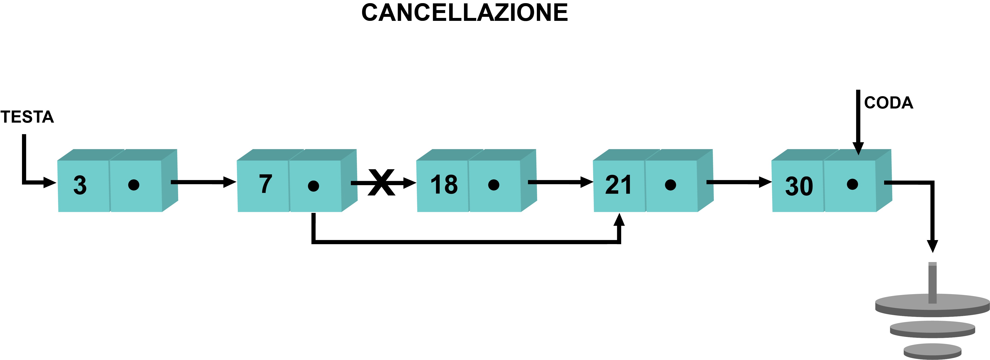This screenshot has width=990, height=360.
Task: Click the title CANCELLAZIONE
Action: pos(465,13)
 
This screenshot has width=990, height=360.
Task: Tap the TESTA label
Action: pos(27,117)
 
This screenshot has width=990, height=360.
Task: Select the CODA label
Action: pos(889,103)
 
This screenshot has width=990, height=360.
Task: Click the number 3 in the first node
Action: pos(80,185)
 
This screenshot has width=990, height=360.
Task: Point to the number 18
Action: pos(444,184)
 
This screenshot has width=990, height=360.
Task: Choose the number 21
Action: pos(618,185)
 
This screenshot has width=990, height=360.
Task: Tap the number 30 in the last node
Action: pos(799,186)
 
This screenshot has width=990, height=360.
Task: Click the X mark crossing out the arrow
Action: pos(381,182)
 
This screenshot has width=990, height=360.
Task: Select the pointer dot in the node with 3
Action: pos(134,185)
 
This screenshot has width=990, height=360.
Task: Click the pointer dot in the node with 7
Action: pos(314,186)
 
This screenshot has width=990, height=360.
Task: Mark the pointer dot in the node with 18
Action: pos(494,185)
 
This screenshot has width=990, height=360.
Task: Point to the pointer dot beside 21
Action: pos(671,185)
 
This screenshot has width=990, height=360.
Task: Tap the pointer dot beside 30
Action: pos(852,184)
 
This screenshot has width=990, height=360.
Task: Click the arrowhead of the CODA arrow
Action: pos(858,149)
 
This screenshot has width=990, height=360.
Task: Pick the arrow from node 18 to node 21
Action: pos(561,182)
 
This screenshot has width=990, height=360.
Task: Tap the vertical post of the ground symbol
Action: pos(932,283)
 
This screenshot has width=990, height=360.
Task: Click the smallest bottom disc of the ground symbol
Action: pos(932,351)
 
